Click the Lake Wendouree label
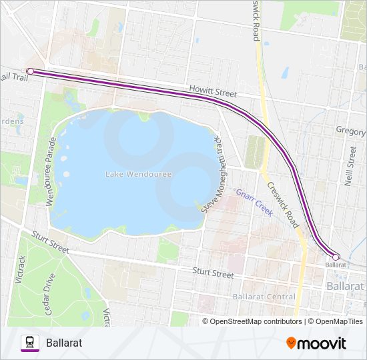(138, 174)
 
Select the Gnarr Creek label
(254, 201)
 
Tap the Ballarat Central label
(264, 296)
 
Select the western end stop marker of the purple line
(30, 71)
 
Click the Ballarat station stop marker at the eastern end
(336, 257)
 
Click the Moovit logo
(316, 343)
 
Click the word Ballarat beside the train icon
(64, 343)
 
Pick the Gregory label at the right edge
(351, 131)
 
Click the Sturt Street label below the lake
(214, 273)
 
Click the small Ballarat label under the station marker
(336, 265)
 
